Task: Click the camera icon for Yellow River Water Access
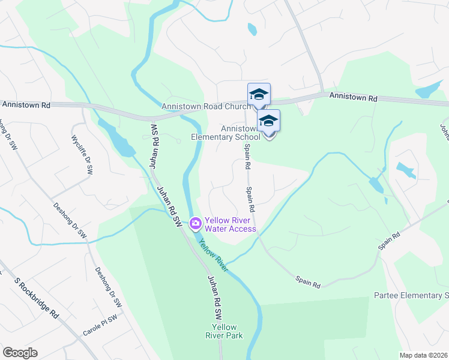pyautogui.click(x=195, y=224)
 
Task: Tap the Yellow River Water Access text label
pyautogui.click(x=231, y=224)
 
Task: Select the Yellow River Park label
pyautogui.click(x=227, y=331)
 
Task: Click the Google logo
pyautogui.click(x=20, y=353)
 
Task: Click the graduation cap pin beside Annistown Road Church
pyautogui.click(x=259, y=95)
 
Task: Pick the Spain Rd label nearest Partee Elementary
pyautogui.click(x=389, y=242)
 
